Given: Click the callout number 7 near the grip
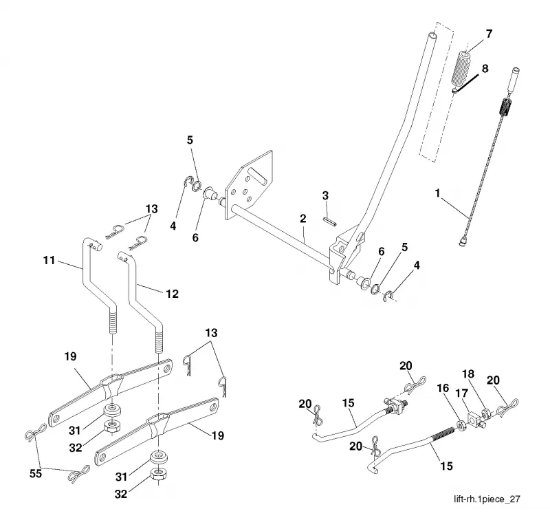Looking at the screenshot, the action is (x=489, y=34).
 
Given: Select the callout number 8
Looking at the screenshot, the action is (x=485, y=68).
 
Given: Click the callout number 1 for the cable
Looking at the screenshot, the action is (x=437, y=193).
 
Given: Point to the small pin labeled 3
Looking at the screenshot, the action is (x=330, y=222).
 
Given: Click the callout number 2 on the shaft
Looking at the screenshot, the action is (x=303, y=218).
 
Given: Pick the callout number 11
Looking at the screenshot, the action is (x=49, y=261).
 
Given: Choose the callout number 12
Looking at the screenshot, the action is (x=172, y=294).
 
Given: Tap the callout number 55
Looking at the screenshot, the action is (x=36, y=474).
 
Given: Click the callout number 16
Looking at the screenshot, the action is (x=443, y=388).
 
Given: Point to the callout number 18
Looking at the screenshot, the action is (x=468, y=374).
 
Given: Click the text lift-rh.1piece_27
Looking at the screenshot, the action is (x=487, y=499).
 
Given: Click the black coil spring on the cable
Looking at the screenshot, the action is (x=505, y=107).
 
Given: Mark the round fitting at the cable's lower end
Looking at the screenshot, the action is (x=463, y=241).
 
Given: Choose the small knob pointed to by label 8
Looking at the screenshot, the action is (x=454, y=91).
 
